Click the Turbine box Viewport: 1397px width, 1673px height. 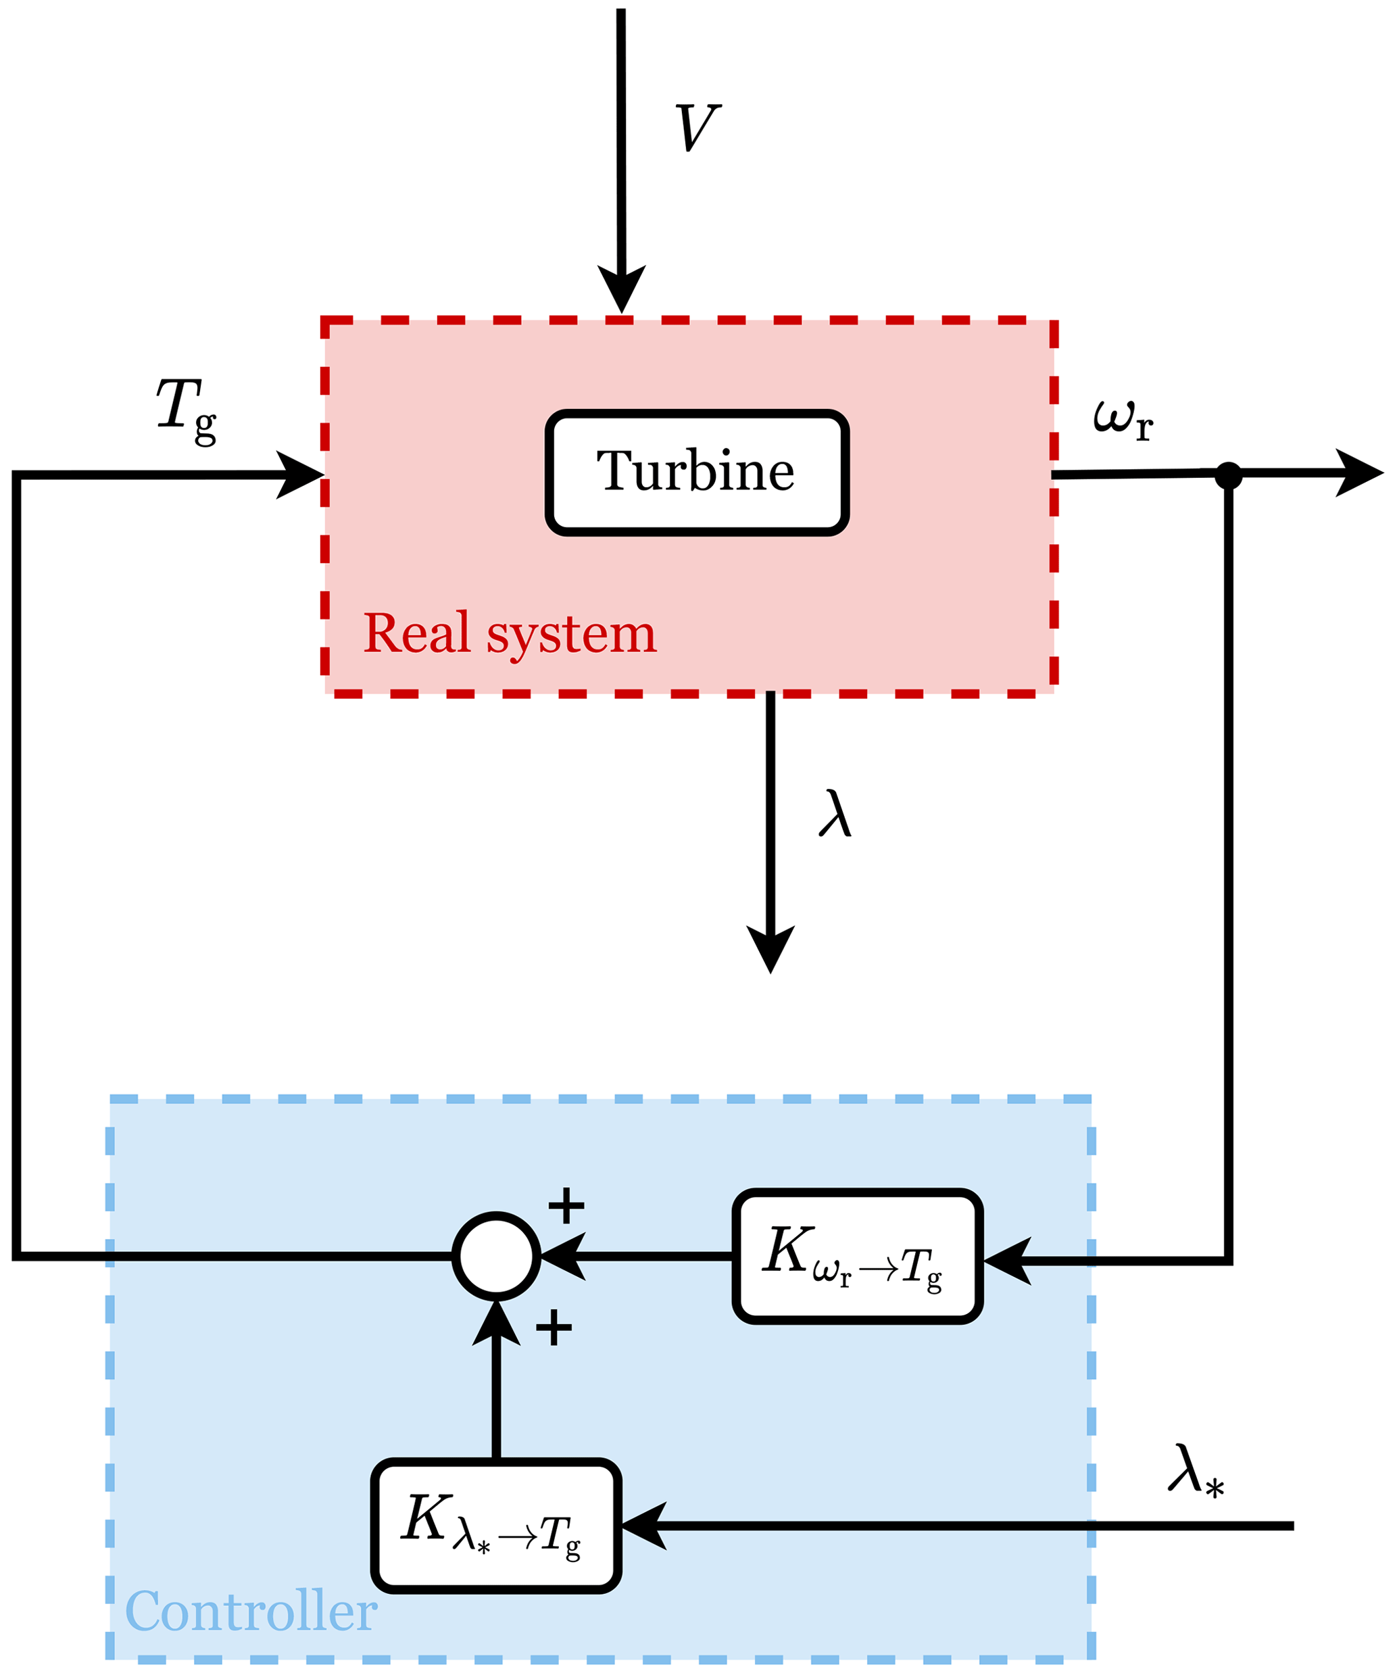point(697,472)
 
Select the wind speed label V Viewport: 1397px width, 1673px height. point(697,128)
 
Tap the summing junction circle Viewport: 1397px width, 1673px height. point(496,1257)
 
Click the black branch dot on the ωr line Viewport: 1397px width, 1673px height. point(1228,476)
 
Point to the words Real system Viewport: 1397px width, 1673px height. point(510,634)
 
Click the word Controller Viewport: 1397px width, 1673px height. point(251,1611)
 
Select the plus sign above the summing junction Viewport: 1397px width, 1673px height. point(566,1205)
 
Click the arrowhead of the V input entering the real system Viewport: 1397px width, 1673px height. point(621,289)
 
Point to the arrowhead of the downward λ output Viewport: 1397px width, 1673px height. point(770,949)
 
